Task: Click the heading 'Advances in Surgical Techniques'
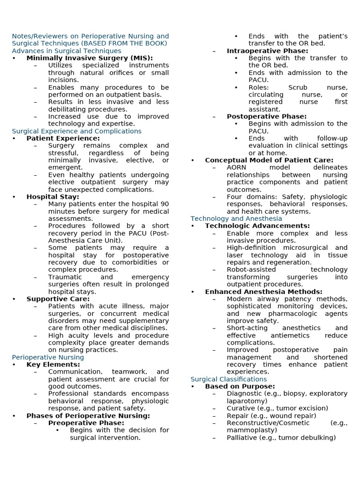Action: click(66, 51)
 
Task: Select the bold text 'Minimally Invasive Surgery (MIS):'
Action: click(90, 58)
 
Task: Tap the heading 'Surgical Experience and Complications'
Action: click(76, 131)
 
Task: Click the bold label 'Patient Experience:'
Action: click(63, 138)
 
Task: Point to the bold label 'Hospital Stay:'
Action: click(52, 197)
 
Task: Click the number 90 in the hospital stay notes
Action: click(164, 204)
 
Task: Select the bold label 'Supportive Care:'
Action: click(58, 299)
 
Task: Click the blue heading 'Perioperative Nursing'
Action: click(48, 357)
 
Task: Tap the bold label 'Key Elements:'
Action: click(53, 365)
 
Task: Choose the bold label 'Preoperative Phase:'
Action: click(86, 423)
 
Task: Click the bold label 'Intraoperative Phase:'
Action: click(267, 51)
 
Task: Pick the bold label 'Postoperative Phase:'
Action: click(266, 116)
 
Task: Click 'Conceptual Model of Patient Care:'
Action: click(269, 160)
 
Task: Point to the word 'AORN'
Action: click(236, 167)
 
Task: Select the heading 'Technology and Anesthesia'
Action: click(236, 218)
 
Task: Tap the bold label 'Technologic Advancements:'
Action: click(257, 226)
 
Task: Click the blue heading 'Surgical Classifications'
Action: click(229, 379)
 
